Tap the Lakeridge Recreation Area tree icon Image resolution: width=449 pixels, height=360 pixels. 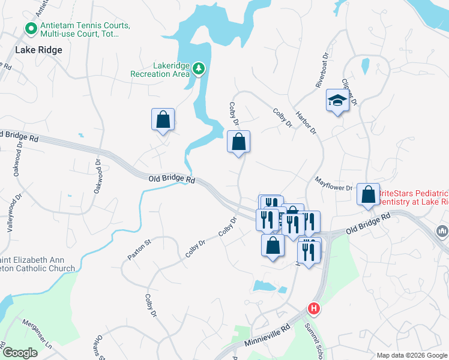click(x=199, y=70)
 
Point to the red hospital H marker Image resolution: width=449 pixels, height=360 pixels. click(x=313, y=309)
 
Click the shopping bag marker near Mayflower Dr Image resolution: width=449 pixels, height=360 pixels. click(x=368, y=194)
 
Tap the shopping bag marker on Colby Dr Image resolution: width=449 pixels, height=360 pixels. click(x=238, y=142)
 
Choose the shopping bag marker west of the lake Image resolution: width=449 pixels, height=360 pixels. click(x=163, y=119)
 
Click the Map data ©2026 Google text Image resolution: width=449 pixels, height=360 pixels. click(x=412, y=355)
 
